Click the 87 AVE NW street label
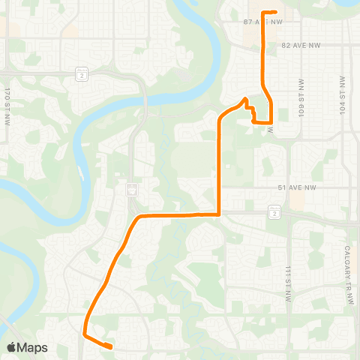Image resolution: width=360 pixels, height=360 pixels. (239, 22)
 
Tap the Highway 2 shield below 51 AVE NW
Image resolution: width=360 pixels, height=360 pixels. (274, 214)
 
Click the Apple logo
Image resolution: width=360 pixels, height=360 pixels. (12, 347)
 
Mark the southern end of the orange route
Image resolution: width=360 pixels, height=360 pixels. (111, 346)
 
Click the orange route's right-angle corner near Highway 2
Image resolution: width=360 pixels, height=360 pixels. (218, 214)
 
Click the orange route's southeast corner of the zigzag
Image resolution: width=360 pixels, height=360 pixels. (270, 121)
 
